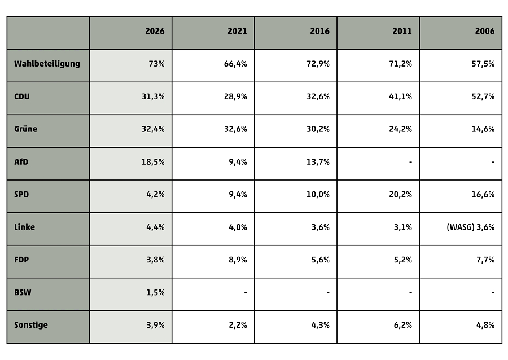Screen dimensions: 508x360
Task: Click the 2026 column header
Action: pos(155,31)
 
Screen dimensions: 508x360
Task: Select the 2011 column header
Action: pos(402,31)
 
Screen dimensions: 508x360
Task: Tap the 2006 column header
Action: pos(485,31)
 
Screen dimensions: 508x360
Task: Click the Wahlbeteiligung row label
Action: pos(47,64)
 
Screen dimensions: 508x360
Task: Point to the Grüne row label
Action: pos(25,129)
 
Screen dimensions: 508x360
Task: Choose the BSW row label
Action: pos(23,292)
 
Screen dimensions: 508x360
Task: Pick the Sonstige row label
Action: pos(31,325)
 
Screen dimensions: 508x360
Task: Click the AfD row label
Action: pos(21,161)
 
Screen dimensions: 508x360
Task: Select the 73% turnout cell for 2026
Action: pos(156,64)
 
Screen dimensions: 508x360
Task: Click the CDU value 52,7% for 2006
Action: pos(483,96)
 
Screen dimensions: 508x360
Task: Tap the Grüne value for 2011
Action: pos(400,129)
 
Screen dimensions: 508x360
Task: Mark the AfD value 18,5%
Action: pos(153,162)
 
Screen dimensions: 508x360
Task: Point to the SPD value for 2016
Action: pos(318,195)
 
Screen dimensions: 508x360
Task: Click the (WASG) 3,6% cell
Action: pos(470,227)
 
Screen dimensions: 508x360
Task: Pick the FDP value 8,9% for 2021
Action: pos(238,260)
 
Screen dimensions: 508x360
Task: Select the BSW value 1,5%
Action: pos(156,293)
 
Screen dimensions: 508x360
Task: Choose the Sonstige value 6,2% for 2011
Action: pos(402,325)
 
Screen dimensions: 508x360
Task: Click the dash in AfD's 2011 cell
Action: pos(410,162)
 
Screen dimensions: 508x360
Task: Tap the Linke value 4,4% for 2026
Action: pos(156,227)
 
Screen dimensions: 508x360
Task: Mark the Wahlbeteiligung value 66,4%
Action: pos(235,64)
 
